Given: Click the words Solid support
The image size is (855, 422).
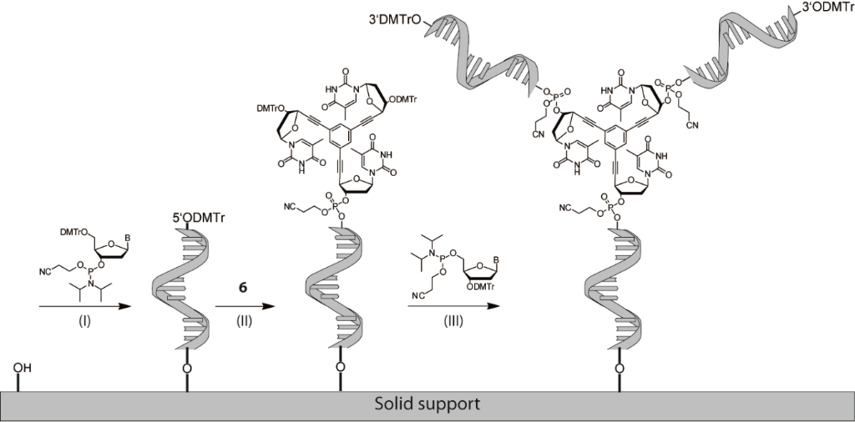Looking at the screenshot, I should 427,405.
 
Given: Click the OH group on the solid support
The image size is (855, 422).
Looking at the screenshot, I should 23,364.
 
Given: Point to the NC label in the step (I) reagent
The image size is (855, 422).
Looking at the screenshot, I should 48,269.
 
